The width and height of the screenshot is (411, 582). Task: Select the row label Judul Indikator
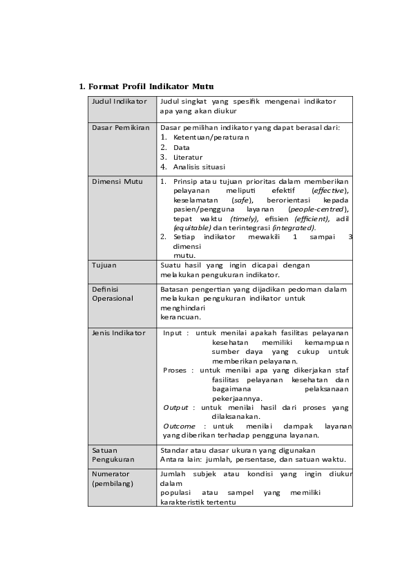click(x=120, y=102)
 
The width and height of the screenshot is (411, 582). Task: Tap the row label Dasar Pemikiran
click(x=121, y=128)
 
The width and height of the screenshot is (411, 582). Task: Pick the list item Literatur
click(x=188, y=157)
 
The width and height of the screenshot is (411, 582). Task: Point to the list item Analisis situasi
click(x=199, y=167)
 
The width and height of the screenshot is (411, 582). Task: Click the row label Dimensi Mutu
click(x=117, y=181)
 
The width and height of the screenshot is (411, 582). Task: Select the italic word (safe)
click(x=242, y=200)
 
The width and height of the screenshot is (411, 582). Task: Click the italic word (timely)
click(x=244, y=218)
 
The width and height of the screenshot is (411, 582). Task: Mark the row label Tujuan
click(x=104, y=265)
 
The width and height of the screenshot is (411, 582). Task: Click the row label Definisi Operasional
click(x=113, y=294)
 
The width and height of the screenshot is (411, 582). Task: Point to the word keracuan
click(x=180, y=317)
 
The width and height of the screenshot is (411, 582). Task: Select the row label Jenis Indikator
click(x=119, y=332)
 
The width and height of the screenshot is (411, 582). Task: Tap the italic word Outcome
click(x=179, y=426)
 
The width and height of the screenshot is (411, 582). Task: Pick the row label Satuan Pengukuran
click(x=113, y=455)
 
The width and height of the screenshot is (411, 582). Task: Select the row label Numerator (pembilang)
click(x=113, y=479)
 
